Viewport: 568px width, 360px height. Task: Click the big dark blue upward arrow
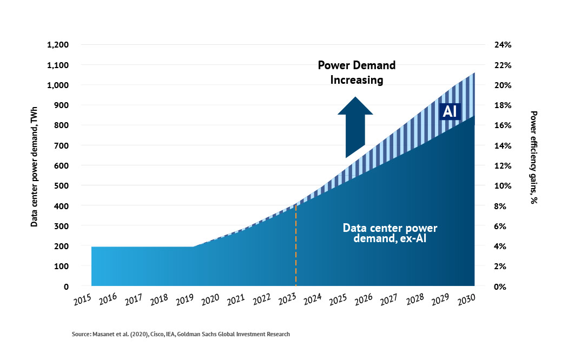click(355, 128)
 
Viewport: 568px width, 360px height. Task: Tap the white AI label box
click(450, 111)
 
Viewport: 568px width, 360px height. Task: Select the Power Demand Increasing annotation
click(356, 72)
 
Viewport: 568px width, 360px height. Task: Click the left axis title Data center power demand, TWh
click(34, 165)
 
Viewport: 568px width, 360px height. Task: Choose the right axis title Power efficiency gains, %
click(533, 157)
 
